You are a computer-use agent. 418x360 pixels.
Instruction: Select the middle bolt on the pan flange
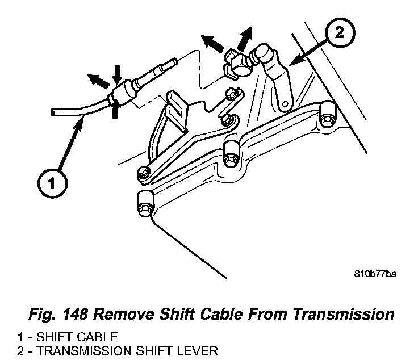[x=229, y=152]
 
